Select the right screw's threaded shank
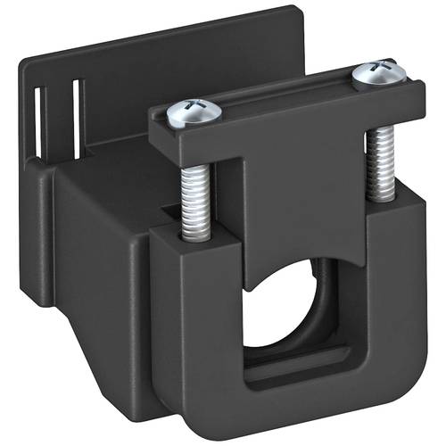click(381, 161)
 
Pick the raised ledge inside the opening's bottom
click(294, 361)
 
